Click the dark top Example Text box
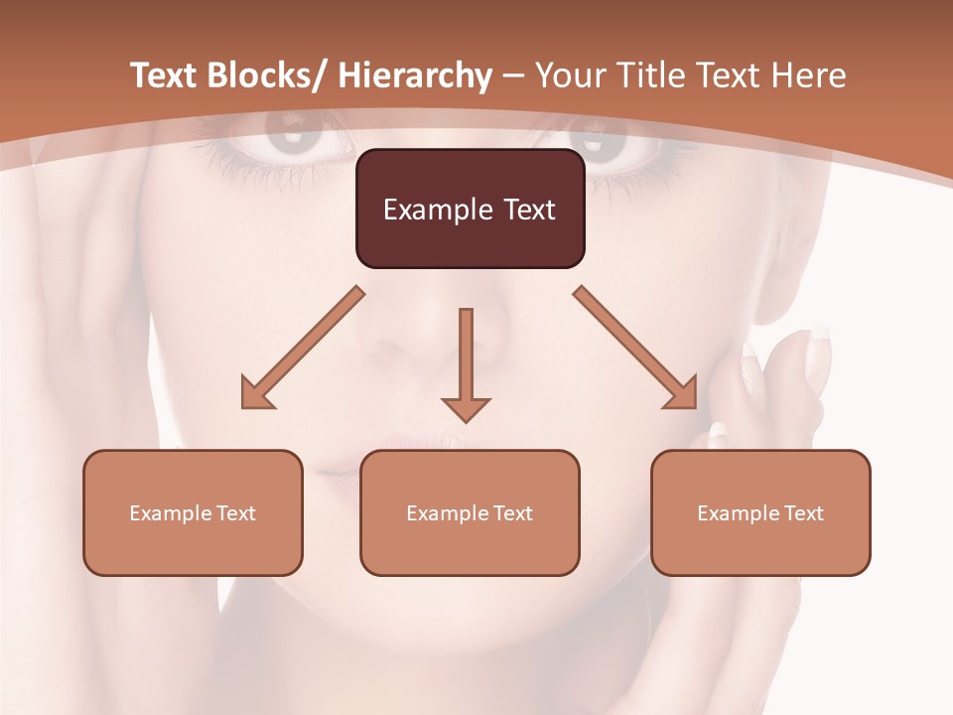coord(470,209)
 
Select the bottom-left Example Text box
coord(193,512)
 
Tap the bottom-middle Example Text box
coord(470,512)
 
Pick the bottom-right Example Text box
coord(760,512)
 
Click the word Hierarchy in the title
coord(415,75)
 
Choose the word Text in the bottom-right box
coord(803,512)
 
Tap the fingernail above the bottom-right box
coord(719,434)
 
